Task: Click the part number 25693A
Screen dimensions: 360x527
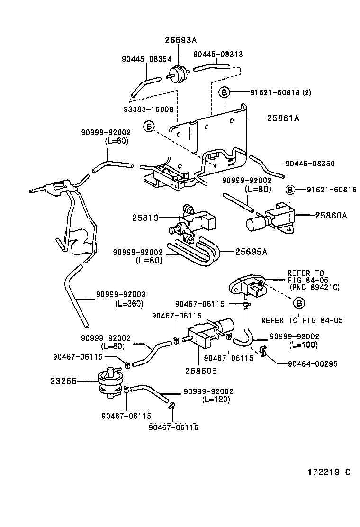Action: click(x=180, y=40)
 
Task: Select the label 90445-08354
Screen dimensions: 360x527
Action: click(x=147, y=59)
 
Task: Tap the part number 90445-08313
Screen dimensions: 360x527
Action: click(x=218, y=54)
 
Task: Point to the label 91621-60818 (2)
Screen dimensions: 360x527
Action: click(x=280, y=92)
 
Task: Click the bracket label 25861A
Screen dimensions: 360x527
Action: click(x=283, y=118)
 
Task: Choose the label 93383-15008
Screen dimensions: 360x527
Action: click(x=148, y=109)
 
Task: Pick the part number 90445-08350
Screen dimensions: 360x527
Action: click(x=310, y=164)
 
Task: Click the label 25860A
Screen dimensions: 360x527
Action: click(x=331, y=215)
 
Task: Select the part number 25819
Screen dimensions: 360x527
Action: click(x=145, y=218)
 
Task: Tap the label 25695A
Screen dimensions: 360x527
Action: click(x=251, y=252)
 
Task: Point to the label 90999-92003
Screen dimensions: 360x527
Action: click(x=121, y=294)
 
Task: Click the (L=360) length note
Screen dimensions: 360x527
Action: click(x=129, y=303)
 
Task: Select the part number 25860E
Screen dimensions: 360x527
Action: click(x=201, y=371)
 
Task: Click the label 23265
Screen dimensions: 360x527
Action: click(x=63, y=381)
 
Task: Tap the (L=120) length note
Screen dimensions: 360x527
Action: click(x=216, y=400)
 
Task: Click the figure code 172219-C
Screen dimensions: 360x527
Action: click(x=329, y=472)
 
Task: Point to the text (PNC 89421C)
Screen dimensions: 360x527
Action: click(x=315, y=287)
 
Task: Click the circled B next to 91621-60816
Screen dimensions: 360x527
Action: click(x=290, y=190)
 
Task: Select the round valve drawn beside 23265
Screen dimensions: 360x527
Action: click(x=108, y=382)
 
